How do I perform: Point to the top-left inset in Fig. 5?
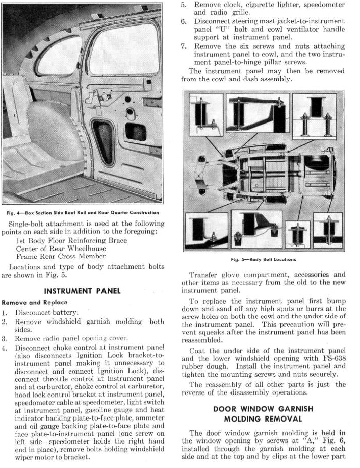pyautogui.click(x=205, y=114)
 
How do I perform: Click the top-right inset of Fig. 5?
pyautogui.click(x=314, y=115)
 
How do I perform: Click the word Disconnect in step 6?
pyautogui.click(x=211, y=22)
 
